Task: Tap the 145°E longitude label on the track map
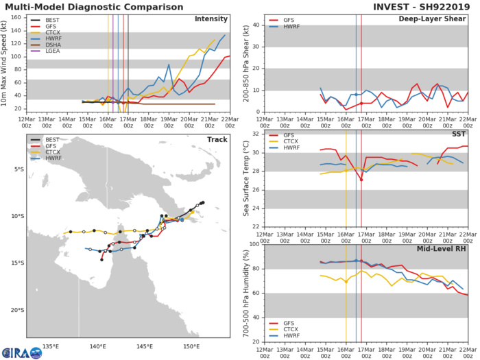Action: (145, 346)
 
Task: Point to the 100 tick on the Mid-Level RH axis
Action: (252, 244)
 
